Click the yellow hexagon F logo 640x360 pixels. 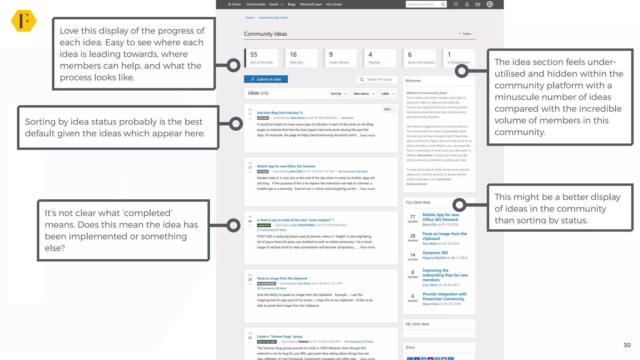click(24, 21)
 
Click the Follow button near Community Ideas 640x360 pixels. click(465, 34)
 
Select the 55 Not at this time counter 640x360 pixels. click(262, 58)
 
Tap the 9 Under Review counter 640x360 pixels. click(340, 58)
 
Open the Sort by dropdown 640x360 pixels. click(339, 94)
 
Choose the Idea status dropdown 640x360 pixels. click(364, 94)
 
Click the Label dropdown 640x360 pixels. click(388, 94)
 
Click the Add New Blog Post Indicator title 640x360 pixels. click(278, 113)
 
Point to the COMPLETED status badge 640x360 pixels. click(264, 225)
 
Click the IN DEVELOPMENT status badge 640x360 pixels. click(267, 284)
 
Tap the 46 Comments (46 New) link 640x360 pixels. click(353, 172)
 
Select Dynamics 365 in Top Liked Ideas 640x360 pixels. click(435, 253)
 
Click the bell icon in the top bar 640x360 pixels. click(467, 4)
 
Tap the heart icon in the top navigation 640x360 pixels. click(456, 4)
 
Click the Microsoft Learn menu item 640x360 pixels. click(311, 4)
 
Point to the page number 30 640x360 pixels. click(627, 345)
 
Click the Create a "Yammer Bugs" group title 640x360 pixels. click(279, 337)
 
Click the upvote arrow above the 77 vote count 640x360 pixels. click(250, 163)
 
